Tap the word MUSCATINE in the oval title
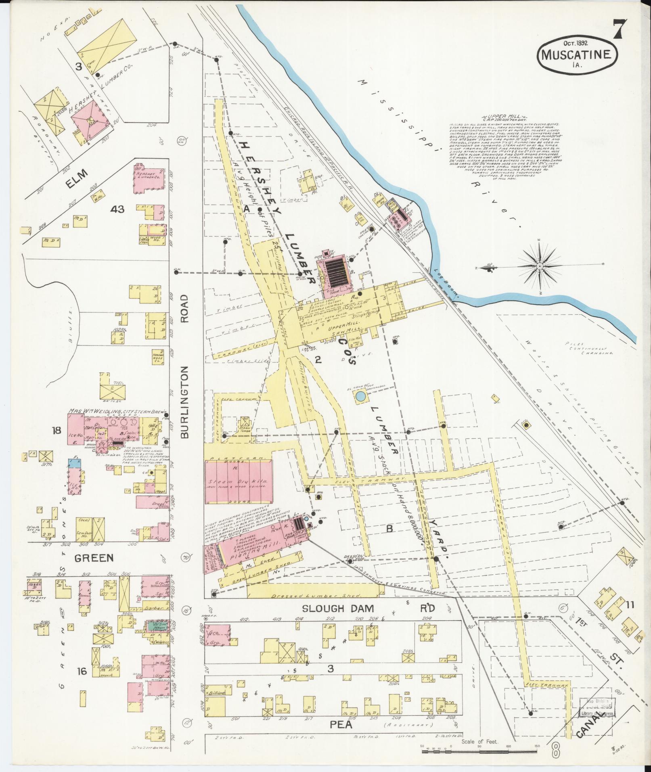tap(577, 54)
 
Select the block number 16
tap(82, 671)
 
